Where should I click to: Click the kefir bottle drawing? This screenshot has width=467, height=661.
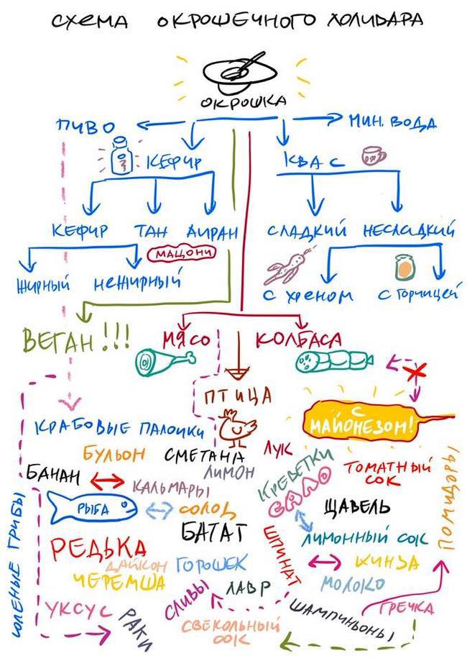(x=123, y=156)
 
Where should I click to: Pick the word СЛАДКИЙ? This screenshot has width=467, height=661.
(x=307, y=231)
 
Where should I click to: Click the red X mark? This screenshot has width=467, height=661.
(x=415, y=373)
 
